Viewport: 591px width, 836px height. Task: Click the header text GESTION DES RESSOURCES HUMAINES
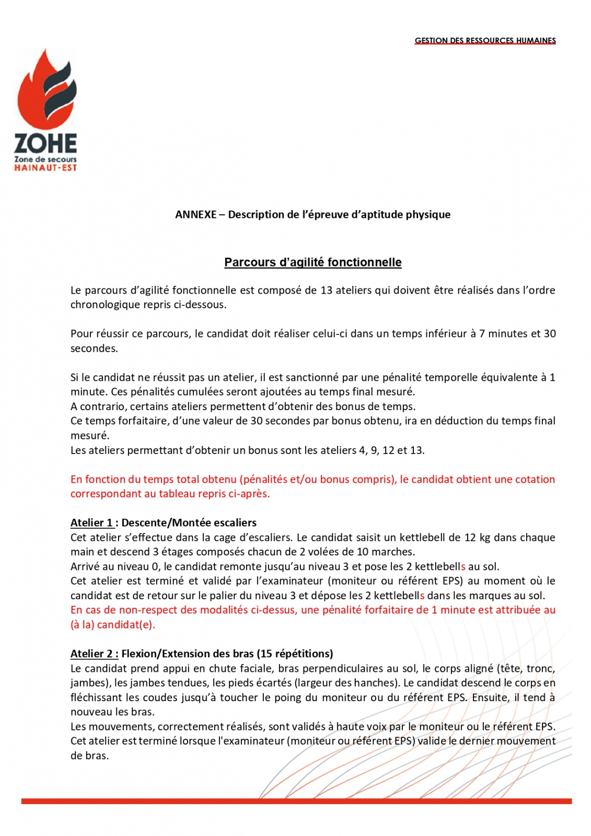coord(485,41)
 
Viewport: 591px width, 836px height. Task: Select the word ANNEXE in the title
coord(195,215)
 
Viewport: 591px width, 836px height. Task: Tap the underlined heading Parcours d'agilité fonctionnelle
coord(312,262)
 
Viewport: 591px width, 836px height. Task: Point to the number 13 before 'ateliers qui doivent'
coord(326,291)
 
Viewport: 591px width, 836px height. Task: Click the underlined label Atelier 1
coord(92,523)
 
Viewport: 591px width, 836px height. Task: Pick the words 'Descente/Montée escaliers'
coord(189,523)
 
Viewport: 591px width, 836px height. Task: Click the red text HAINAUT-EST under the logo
coord(45,168)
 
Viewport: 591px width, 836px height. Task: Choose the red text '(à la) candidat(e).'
coord(113,624)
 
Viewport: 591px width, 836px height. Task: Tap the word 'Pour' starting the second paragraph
coord(82,334)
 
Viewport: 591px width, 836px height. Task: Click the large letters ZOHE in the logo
coord(45,143)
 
